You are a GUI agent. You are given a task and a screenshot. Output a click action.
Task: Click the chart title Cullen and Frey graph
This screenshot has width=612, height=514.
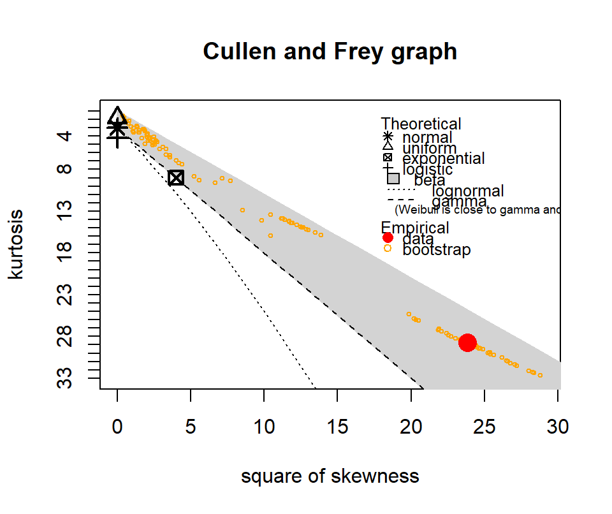[330, 51]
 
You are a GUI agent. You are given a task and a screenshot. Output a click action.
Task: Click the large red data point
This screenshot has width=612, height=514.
[468, 342]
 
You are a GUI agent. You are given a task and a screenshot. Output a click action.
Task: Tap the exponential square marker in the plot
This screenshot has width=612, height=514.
[176, 178]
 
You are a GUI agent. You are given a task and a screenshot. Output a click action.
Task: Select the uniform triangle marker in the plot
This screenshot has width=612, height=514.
[117, 115]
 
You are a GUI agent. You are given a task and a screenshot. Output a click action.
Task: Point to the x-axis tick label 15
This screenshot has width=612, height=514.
[337, 427]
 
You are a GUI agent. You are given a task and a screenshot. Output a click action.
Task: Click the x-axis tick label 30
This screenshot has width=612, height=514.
[558, 427]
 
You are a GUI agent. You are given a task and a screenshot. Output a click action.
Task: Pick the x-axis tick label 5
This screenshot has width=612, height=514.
[191, 427]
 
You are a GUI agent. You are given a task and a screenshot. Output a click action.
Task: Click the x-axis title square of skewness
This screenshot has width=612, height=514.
[330, 476]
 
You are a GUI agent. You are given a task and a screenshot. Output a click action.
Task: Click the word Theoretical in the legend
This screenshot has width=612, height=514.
[421, 124]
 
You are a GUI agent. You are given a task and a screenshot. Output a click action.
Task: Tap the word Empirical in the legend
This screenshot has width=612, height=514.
[415, 228]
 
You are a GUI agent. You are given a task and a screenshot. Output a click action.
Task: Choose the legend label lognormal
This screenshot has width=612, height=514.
[467, 191]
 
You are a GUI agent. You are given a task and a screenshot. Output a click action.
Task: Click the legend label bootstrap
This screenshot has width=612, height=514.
[437, 249]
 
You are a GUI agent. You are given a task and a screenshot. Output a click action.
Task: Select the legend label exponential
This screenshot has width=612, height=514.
[444, 158]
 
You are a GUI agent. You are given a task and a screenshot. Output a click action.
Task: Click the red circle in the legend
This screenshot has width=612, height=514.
[388, 238]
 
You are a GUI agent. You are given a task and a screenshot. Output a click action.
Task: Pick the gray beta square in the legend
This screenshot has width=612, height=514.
[393, 179]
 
